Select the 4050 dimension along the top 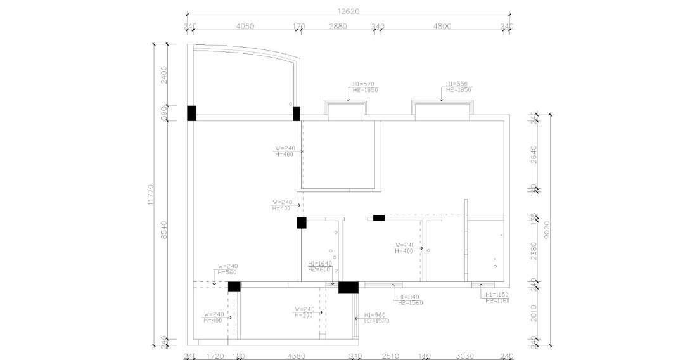click(x=245, y=27)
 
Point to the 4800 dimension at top click(x=442, y=27)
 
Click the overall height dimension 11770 click(x=150, y=195)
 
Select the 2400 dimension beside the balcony click(x=164, y=74)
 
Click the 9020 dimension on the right click(x=546, y=233)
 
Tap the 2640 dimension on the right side click(x=534, y=154)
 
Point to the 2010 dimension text click(x=534, y=313)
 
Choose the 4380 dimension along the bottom click(x=296, y=356)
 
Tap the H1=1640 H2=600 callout click(x=320, y=266)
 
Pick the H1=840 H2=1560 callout click(x=410, y=300)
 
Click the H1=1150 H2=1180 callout click(x=497, y=298)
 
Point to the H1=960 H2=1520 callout click(x=376, y=318)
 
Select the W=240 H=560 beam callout click(x=227, y=269)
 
